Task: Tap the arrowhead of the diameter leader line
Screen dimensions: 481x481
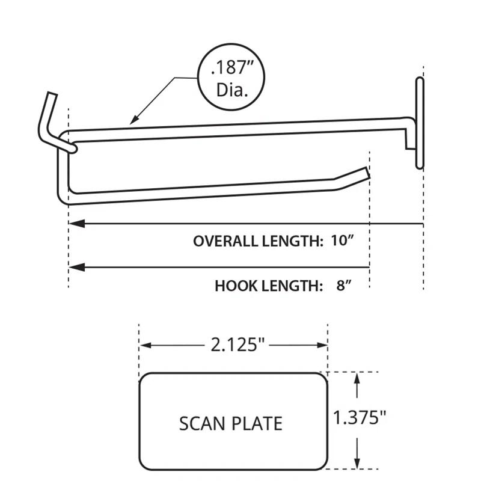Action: point(133,122)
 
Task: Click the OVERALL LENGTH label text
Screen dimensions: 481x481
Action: point(258,241)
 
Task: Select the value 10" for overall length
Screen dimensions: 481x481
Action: point(341,241)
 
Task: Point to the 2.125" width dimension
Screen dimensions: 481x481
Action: point(234,345)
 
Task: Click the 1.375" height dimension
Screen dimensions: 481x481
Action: point(359,418)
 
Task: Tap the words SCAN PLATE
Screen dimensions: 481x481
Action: point(231,423)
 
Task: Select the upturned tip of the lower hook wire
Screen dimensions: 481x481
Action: point(361,173)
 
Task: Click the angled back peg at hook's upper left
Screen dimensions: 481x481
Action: point(47,114)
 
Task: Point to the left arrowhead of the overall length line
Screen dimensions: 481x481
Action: point(75,223)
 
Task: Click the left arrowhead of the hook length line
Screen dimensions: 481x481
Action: point(75,267)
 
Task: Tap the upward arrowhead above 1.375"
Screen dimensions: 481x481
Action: point(358,378)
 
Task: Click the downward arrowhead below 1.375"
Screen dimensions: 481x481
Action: point(358,462)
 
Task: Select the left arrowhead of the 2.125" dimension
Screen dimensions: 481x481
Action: point(145,345)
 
